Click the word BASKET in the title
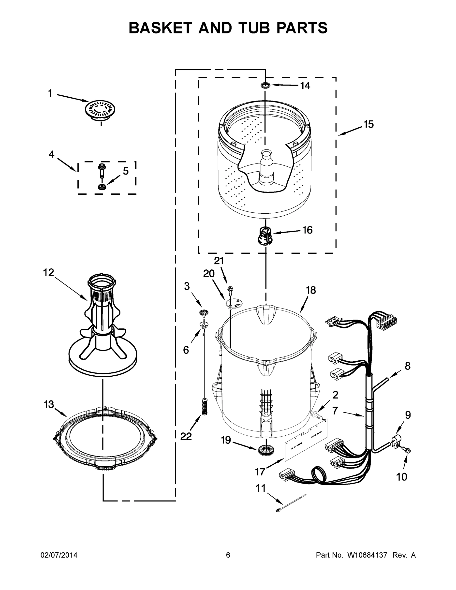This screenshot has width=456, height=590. [x=161, y=28]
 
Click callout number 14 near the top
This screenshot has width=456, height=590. [x=305, y=86]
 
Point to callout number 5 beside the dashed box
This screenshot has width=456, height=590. [x=126, y=171]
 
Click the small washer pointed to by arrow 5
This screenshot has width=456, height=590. [x=102, y=187]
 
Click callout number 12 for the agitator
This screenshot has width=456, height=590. [x=49, y=273]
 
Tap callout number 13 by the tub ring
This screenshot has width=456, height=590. [x=49, y=405]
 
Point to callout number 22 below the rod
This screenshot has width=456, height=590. [x=186, y=436]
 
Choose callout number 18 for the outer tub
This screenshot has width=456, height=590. [x=311, y=290]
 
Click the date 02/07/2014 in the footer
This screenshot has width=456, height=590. [x=59, y=555]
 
